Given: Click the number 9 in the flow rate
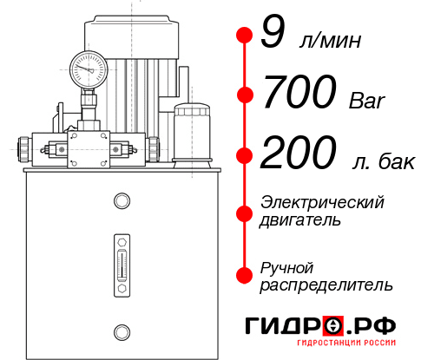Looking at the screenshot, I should click(x=273, y=34).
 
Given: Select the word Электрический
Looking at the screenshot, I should click(x=321, y=202).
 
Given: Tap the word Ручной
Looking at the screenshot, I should click(x=286, y=266).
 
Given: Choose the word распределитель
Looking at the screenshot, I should click(x=326, y=285).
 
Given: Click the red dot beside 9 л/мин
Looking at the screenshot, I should click(x=243, y=36).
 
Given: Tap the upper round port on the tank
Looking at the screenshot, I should click(x=121, y=201).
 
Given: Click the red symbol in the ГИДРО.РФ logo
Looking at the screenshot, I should click(x=334, y=327).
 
